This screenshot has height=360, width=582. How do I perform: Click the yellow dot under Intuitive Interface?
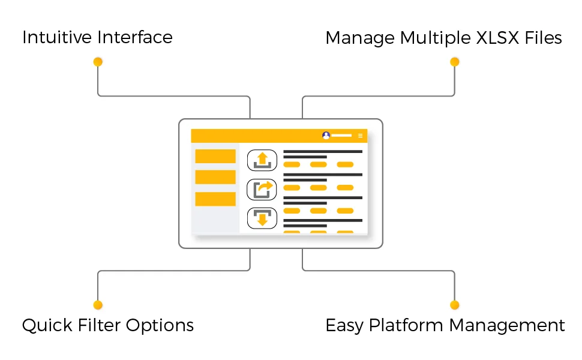point(98,62)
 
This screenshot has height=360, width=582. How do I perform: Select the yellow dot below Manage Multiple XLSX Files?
point(454,62)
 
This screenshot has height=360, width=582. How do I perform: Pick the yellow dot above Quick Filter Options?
point(98,305)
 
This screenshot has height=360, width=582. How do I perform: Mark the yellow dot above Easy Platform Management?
point(454,305)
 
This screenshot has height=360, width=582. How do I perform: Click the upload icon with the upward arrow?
point(262,160)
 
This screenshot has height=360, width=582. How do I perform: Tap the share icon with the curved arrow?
point(262,189)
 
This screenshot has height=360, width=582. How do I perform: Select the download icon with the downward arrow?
point(262,218)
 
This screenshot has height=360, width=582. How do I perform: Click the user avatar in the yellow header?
point(326,136)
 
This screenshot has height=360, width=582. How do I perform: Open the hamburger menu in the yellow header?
point(360,136)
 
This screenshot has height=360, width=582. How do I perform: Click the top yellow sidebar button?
point(215,157)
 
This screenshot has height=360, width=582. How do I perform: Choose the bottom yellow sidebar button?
point(215,199)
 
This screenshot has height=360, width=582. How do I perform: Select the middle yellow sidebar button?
point(215,177)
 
